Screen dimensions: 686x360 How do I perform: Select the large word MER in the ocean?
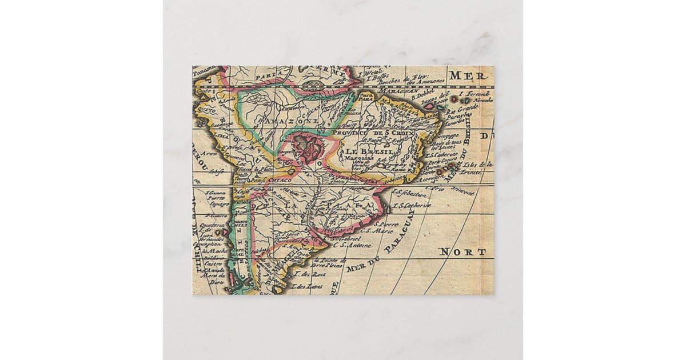(462, 75)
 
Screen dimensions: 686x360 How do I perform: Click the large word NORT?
(462, 251)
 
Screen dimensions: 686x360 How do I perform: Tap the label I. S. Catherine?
(411, 205)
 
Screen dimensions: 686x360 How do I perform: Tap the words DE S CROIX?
(394, 133)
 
